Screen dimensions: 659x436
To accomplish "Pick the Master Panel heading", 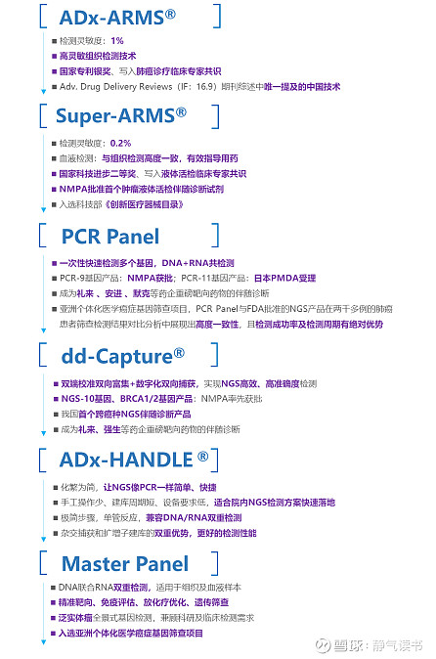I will click(125, 563).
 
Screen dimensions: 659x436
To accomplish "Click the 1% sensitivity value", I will click(117, 41).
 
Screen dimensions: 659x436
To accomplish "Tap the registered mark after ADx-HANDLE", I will click(201, 456).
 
